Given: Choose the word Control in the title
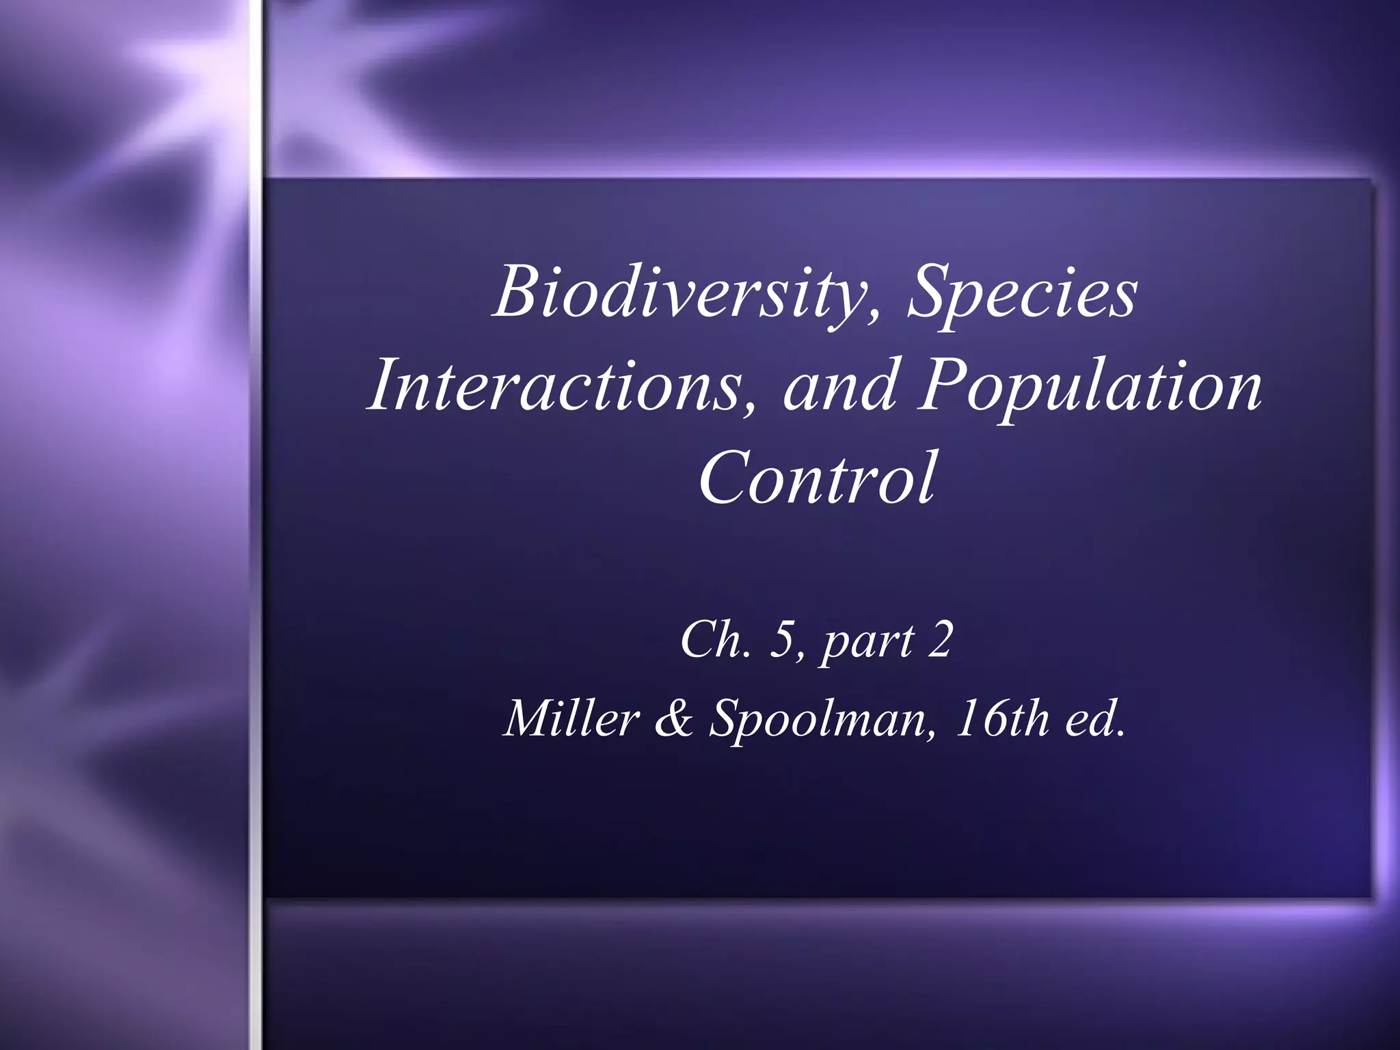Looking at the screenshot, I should (816, 478).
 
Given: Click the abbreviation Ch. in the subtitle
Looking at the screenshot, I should (716, 641).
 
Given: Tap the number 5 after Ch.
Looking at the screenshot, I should (781, 641).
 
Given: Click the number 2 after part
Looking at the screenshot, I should (939, 641).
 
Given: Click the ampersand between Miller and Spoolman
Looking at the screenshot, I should (674, 718).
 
